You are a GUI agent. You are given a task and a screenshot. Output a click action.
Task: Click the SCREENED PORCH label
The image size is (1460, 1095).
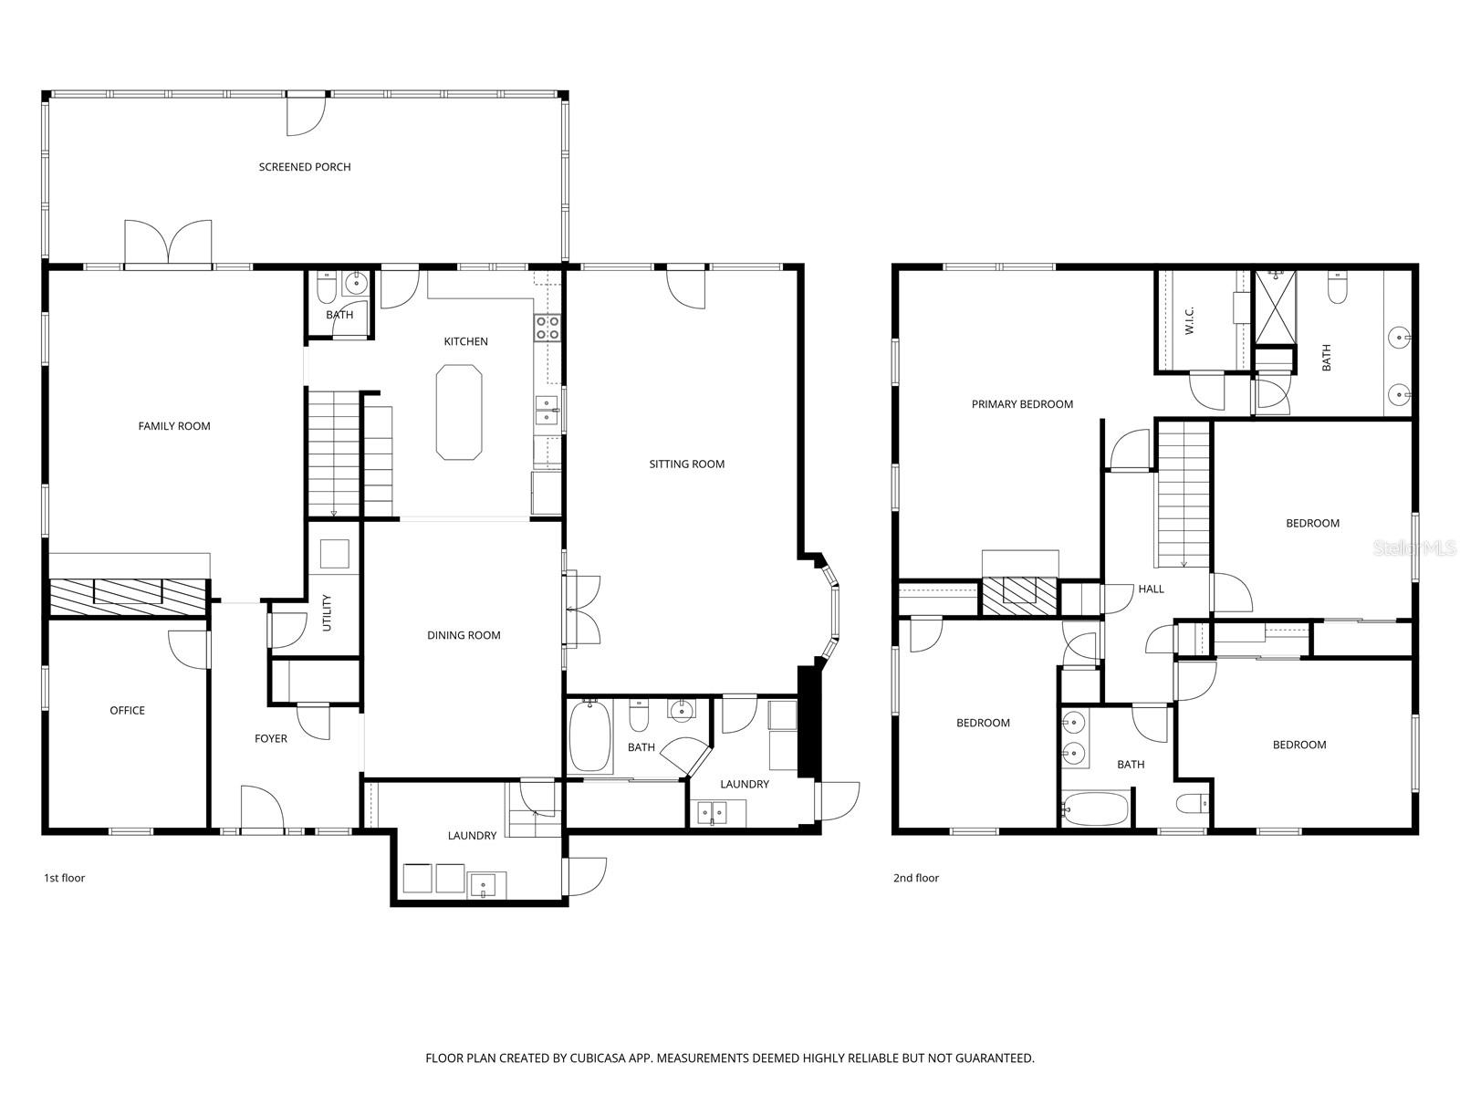304,167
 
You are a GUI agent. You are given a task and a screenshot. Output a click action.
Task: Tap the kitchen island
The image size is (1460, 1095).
459,412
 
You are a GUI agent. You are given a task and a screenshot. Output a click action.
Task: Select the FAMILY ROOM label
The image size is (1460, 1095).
173,426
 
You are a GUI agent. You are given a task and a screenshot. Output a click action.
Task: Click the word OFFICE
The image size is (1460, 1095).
127,711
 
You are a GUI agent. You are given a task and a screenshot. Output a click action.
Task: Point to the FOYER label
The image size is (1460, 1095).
270,739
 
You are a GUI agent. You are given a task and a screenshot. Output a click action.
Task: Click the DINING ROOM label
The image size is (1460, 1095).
464,636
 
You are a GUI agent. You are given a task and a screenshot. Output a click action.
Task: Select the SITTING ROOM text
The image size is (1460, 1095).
686,464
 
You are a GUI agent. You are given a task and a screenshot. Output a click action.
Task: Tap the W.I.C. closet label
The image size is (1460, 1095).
1190,320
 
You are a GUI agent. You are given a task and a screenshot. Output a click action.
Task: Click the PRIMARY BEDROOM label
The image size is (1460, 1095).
1021,404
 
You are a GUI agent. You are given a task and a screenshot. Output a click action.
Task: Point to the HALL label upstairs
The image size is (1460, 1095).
1151,589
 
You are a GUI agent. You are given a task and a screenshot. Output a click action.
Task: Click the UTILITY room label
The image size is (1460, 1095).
327,613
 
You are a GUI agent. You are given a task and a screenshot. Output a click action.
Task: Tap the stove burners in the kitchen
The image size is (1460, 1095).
547,328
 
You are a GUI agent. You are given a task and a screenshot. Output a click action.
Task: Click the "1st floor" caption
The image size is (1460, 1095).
64,879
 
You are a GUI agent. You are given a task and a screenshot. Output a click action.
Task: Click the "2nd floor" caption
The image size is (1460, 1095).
915,879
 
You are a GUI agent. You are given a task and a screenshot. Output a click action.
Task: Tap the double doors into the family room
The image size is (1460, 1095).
168,245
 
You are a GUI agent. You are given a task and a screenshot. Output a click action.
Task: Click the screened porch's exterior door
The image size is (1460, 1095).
306,114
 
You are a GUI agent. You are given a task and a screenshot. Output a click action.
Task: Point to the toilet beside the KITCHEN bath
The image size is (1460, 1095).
325,288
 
